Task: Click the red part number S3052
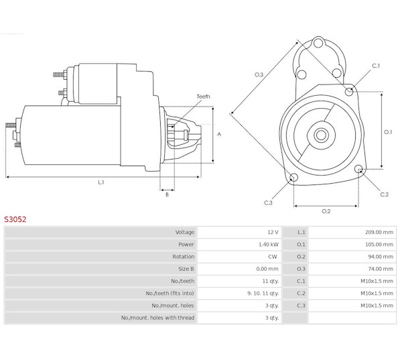pyautogui.click(x=15, y=219)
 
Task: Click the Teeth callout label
pyautogui.click(x=203, y=97)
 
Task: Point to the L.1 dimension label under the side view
pyautogui.click(x=101, y=182)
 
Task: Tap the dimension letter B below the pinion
pyautogui.click(x=167, y=194)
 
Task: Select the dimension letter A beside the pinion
pyautogui.click(x=219, y=134)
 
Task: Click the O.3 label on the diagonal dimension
pyautogui.click(x=259, y=74)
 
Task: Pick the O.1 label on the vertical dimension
pyautogui.click(x=388, y=132)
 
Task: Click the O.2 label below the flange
pyautogui.click(x=326, y=211)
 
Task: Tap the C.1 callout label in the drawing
pyautogui.click(x=376, y=66)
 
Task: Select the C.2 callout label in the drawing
pyautogui.click(x=385, y=194)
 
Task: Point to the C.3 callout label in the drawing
pyautogui.click(x=268, y=202)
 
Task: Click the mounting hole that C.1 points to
pyautogui.click(x=349, y=91)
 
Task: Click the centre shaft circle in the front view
pyautogui.click(x=321, y=135)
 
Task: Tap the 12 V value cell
pyautogui.click(x=273, y=232)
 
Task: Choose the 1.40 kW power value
pyautogui.click(x=268, y=245)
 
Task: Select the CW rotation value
pyautogui.click(x=273, y=257)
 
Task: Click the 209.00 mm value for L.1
pyautogui.click(x=379, y=232)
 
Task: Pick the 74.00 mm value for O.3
pyautogui.click(x=381, y=269)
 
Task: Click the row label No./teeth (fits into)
pyautogui.click(x=170, y=293)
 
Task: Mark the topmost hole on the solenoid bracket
pyautogui.click(x=318, y=43)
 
